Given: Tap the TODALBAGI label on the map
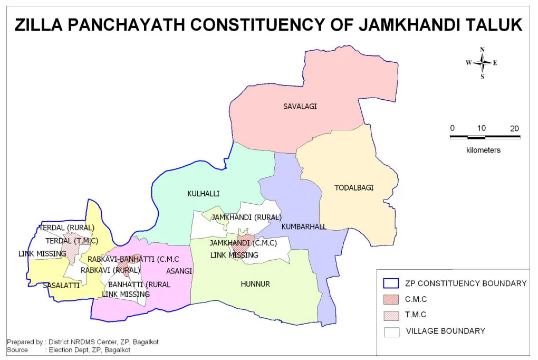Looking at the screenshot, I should click(354, 187).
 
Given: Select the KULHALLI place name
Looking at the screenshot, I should click(203, 194).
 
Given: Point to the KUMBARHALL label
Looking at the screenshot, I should click(304, 226).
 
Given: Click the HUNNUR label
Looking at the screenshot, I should click(255, 284).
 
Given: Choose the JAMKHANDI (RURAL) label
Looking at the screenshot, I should click(246, 217).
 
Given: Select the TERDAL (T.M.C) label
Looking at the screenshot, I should click(72, 241).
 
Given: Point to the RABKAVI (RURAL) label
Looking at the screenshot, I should click(110, 270).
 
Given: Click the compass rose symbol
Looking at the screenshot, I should click(482, 63).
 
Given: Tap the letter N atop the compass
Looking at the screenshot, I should click(482, 50).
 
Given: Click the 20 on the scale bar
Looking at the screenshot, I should click(514, 128).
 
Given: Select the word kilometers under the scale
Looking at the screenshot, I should click(483, 150).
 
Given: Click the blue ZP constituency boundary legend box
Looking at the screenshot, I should click(391, 283).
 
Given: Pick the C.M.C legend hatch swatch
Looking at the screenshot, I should click(391, 299).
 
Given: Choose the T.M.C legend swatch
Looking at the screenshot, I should click(391, 315).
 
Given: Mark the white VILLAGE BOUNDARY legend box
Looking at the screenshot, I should click(391, 331).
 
